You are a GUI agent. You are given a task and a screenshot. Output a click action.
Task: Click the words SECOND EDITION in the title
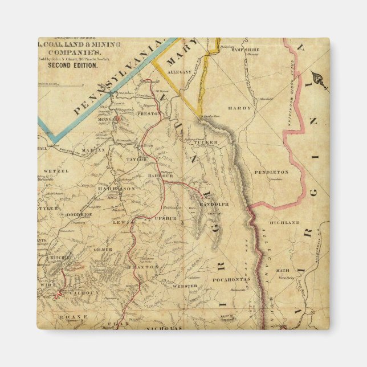click(x=72, y=65)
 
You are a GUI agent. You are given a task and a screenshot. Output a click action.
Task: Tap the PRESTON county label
click(x=148, y=114)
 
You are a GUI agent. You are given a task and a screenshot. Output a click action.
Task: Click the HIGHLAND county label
click(x=284, y=222)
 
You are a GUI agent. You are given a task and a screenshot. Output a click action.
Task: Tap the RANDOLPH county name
click(x=214, y=204)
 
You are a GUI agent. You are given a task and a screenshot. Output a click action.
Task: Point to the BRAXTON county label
click(x=146, y=266)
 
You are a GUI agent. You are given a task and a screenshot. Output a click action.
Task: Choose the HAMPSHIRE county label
click(x=246, y=50)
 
